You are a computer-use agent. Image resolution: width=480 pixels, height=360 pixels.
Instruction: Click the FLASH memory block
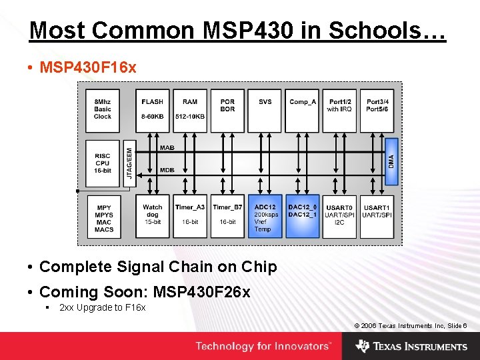click(x=152, y=110)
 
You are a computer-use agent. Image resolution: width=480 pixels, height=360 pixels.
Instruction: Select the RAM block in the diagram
click(x=190, y=110)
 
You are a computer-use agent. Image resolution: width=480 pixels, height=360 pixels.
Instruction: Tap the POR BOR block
click(x=227, y=110)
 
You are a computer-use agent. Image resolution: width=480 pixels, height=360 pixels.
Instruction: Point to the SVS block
click(x=265, y=110)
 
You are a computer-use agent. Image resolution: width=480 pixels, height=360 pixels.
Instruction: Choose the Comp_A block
click(x=302, y=110)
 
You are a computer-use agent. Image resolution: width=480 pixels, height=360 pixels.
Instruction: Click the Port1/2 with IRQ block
click(x=339, y=110)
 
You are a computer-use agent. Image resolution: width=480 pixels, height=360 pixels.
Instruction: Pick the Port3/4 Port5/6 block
click(x=377, y=110)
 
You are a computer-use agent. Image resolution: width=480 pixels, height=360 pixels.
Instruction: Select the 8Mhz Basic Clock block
click(x=103, y=110)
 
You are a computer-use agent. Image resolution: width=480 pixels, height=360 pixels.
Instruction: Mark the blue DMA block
click(x=392, y=161)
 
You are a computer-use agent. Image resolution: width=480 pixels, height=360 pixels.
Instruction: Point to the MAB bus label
click(x=167, y=147)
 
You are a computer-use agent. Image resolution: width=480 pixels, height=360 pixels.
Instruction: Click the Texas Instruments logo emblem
click(x=363, y=346)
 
